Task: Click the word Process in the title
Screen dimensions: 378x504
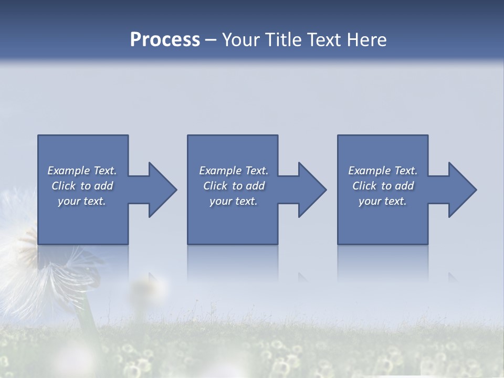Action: click(165, 40)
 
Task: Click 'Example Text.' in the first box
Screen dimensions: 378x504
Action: click(82, 171)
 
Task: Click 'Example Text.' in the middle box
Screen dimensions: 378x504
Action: click(234, 171)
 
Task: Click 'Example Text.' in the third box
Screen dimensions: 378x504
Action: click(383, 171)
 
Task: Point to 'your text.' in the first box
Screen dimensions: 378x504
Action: click(82, 201)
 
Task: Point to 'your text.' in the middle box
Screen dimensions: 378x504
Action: click(234, 201)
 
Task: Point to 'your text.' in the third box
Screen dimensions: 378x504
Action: click(383, 201)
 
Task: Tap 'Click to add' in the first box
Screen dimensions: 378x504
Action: click(82, 186)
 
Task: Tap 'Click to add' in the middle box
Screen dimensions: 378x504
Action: click(234, 186)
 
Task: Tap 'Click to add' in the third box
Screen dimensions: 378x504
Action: click(383, 186)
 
